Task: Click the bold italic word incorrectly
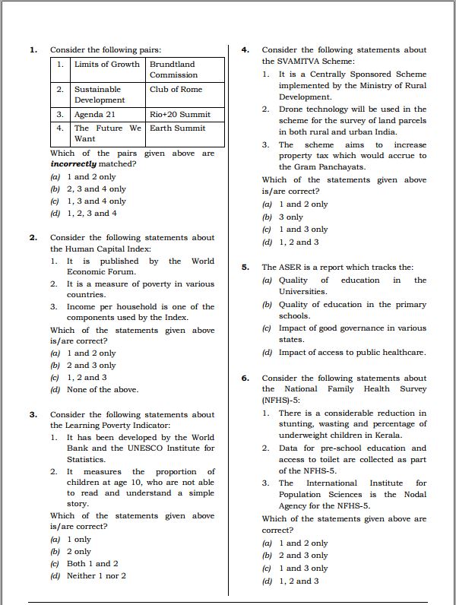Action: click(73, 163)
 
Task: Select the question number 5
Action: click(245, 268)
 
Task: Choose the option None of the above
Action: click(102, 389)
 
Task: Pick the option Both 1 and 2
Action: click(92, 563)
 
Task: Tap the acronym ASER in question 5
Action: click(289, 268)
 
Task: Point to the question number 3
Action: click(33, 414)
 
